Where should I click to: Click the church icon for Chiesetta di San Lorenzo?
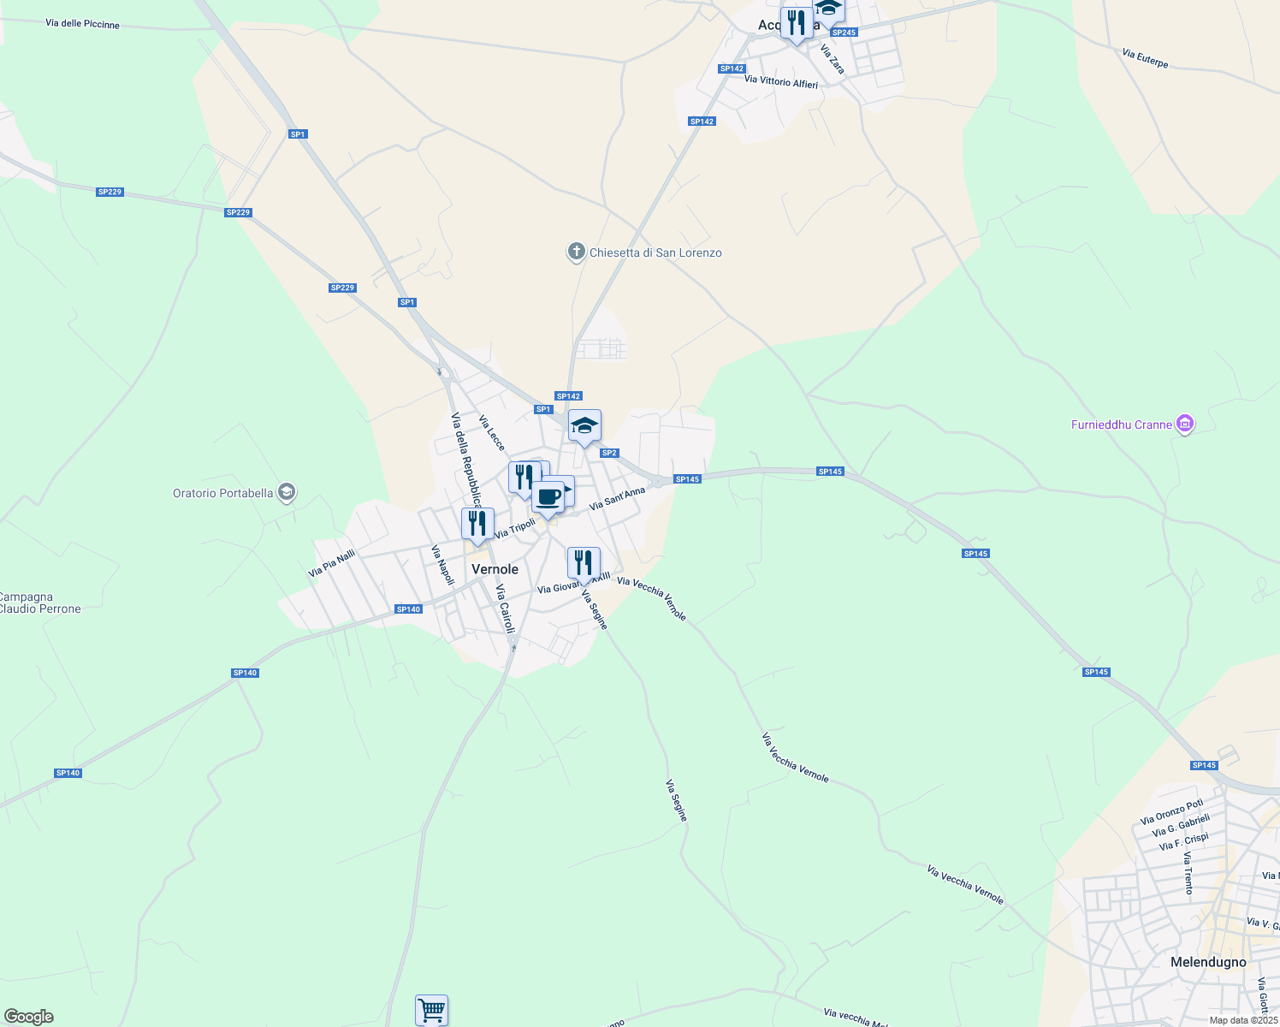point(577,252)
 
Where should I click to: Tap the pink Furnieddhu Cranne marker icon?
point(1185,424)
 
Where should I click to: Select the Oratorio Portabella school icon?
point(287,492)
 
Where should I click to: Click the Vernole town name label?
point(495,569)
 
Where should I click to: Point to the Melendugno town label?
point(1208,962)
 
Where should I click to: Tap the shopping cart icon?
point(431,1009)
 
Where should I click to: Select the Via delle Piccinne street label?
point(83,24)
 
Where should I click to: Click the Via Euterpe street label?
point(1145,58)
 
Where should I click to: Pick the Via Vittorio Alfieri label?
point(781,82)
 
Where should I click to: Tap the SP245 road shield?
point(844,33)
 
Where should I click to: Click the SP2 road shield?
point(609,453)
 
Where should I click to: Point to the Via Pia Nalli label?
point(332,563)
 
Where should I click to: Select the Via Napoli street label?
point(442,565)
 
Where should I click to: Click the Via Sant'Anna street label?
point(617,498)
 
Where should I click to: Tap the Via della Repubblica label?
point(466,460)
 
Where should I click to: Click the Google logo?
point(29,1017)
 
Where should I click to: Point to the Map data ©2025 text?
point(1243,1020)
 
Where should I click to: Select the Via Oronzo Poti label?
point(1171,811)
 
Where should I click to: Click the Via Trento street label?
point(1188,873)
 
